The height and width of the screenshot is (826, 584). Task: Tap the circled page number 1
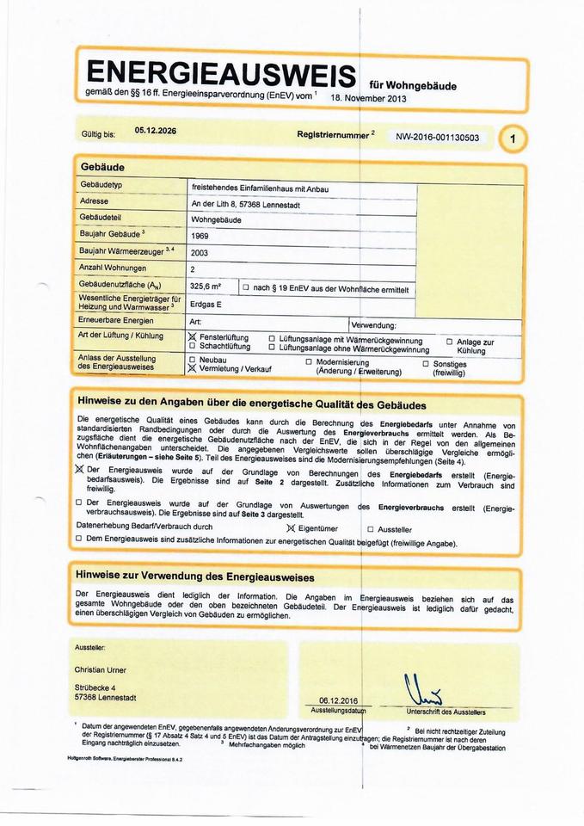(x=513, y=138)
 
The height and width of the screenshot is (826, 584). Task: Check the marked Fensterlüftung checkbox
(x=192, y=337)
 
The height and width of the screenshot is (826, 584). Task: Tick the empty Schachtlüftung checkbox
(x=192, y=347)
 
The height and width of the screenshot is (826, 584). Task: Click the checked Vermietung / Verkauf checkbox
(x=192, y=368)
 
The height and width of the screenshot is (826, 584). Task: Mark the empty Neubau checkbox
(x=192, y=359)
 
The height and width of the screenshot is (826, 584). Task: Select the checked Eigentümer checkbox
(x=291, y=528)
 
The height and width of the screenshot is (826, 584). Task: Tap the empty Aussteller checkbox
(x=371, y=529)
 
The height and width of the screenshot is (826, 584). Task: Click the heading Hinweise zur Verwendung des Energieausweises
(x=196, y=576)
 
